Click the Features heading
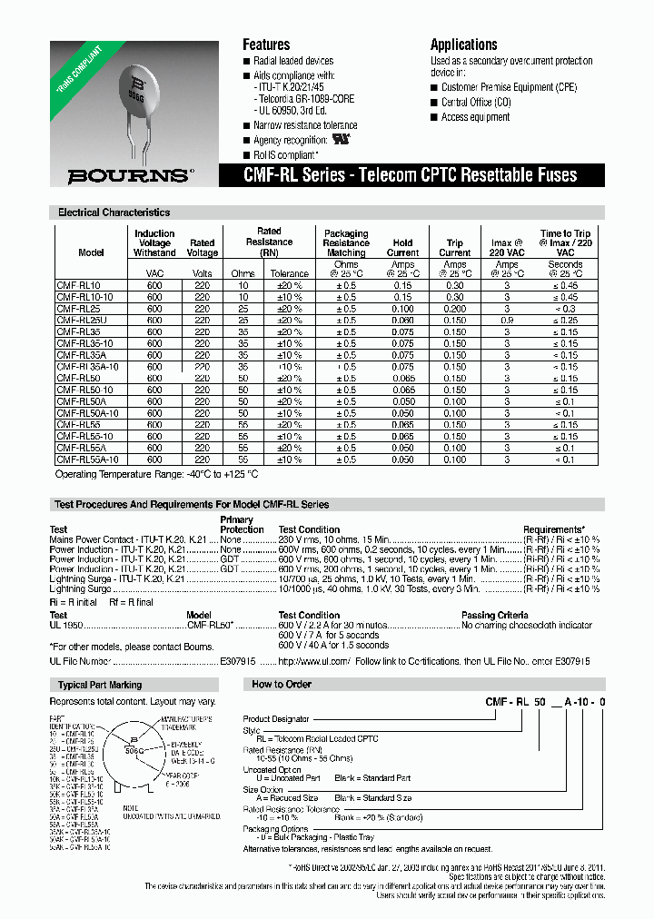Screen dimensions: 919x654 coord(266,44)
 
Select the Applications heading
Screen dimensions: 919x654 coord(463,44)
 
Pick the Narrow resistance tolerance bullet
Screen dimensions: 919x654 coord(305,125)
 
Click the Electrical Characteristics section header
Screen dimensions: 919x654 coord(114,212)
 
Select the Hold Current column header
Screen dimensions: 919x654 coord(402,248)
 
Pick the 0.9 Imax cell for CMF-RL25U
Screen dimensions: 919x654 coord(507,321)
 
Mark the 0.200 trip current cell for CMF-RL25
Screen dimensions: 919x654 coord(455,309)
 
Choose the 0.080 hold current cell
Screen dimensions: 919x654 coord(402,321)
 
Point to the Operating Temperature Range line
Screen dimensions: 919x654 coord(157,474)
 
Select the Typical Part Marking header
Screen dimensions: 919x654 coord(100,685)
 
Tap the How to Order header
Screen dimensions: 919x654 coord(281,684)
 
